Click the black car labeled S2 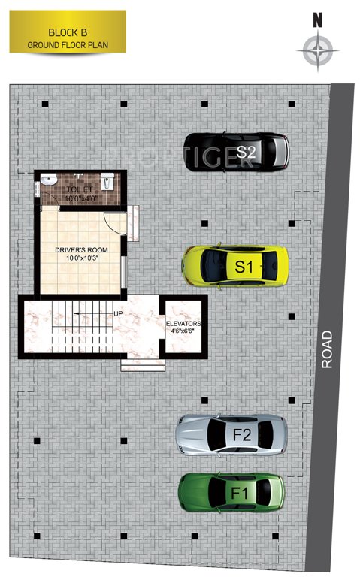coord(236,153)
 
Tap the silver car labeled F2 coord(231,433)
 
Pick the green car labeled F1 coord(231,492)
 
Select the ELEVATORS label coord(184,324)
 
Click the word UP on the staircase coord(119,313)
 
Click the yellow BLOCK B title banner coord(68,37)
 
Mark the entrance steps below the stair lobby coord(142,365)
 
